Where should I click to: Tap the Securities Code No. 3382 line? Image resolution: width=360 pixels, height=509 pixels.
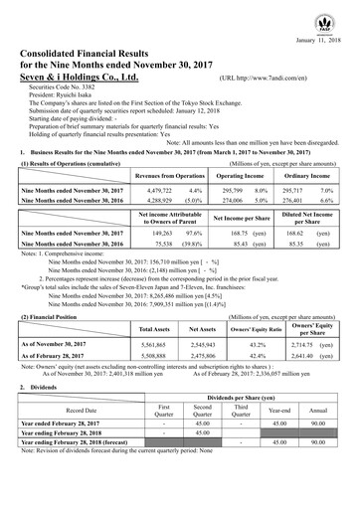click(65, 86)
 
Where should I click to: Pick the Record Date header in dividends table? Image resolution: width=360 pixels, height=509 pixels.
click(68, 435)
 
